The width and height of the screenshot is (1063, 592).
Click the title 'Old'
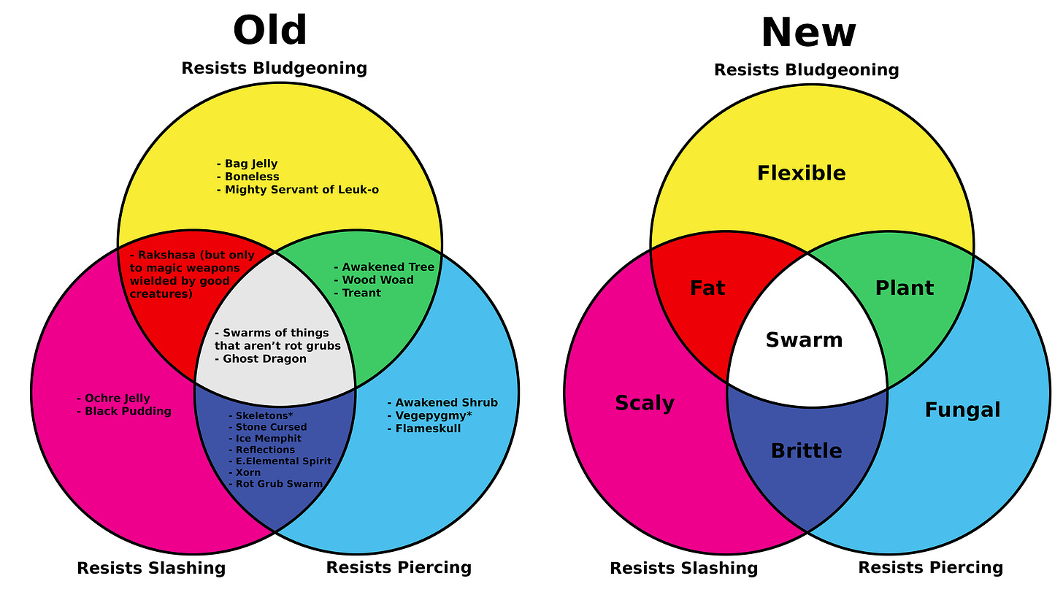tap(269, 31)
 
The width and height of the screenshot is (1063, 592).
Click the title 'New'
tap(807, 33)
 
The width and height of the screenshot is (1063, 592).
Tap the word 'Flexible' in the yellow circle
tap(801, 174)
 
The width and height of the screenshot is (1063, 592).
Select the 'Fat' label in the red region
tap(707, 288)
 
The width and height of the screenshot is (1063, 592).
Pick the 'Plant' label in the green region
tap(904, 288)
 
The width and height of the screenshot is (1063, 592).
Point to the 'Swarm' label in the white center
tap(804, 340)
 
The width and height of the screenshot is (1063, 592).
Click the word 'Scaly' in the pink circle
tap(644, 403)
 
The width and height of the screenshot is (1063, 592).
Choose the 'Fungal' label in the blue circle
tap(962, 410)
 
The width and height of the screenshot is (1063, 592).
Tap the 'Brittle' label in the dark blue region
tap(806, 451)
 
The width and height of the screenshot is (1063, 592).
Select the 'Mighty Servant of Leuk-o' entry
tap(301, 190)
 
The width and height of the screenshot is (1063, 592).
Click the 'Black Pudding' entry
tap(127, 411)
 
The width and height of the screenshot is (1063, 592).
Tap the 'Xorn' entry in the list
tap(247, 472)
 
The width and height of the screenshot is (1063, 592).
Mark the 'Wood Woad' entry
tap(377, 280)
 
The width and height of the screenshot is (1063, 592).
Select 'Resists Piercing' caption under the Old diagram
tap(399, 567)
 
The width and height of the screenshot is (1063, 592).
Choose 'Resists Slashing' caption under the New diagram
tap(683, 568)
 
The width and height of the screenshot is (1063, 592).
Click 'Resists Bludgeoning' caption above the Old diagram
tap(274, 69)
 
